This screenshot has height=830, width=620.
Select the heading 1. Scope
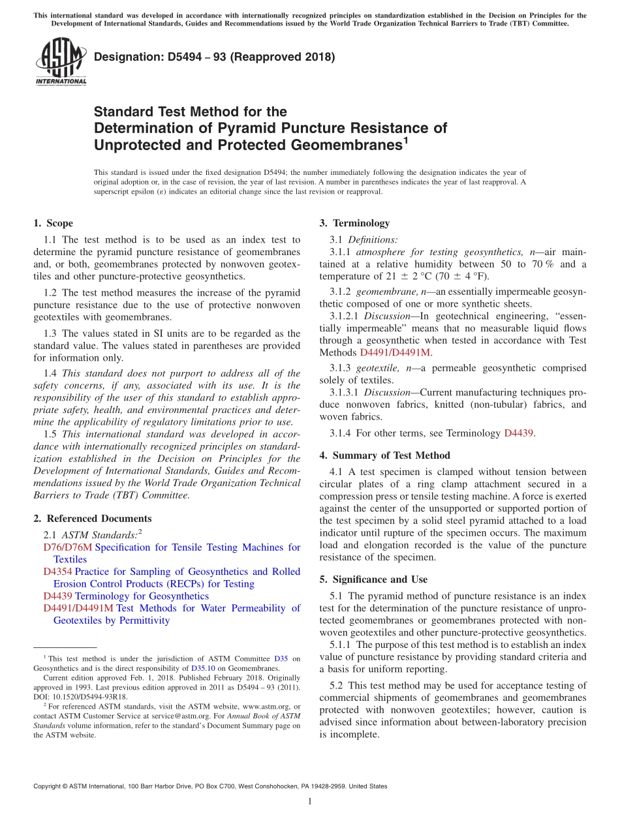(x=53, y=223)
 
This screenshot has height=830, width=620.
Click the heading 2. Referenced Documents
(x=92, y=519)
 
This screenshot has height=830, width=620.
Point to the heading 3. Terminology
(x=354, y=223)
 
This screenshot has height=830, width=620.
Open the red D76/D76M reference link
(x=68, y=547)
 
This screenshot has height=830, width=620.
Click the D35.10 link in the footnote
(x=202, y=668)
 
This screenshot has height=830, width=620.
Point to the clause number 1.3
(x=50, y=333)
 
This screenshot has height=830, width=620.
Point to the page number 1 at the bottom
(x=310, y=801)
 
